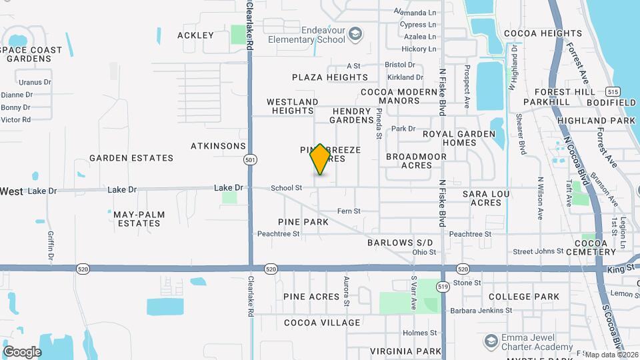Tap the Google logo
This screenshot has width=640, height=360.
coord(22,351)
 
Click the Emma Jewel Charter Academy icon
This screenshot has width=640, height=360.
coord(491,341)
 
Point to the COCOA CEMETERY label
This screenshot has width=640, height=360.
coord(596,248)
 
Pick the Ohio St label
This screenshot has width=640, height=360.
coord(424,252)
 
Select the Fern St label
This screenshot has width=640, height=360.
coord(349,211)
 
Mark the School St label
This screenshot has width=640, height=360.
coord(286,189)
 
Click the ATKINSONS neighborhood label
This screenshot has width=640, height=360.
coord(218,145)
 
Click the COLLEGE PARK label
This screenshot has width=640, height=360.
coord(523,297)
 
